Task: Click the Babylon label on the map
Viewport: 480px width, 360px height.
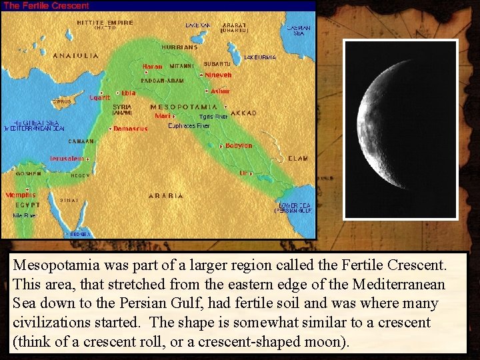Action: [x=239, y=145]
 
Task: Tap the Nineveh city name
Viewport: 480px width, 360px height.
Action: [x=218, y=75]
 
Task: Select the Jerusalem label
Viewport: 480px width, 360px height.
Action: [x=67, y=159]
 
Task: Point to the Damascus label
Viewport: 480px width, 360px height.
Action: [x=131, y=128]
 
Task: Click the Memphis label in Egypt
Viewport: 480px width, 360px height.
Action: [x=21, y=195]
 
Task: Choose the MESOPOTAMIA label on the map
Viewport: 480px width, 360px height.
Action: [x=184, y=107]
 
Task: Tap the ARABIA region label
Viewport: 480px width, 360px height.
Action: [x=165, y=195]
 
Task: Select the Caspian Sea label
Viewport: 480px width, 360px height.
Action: [x=298, y=30]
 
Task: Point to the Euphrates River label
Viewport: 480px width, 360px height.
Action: [x=189, y=125]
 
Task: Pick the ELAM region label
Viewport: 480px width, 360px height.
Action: [x=298, y=159]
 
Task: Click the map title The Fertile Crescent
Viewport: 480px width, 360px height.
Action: [x=46, y=5]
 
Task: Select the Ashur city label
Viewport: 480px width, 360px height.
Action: [x=220, y=91]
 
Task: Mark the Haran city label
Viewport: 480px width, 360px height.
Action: [x=152, y=67]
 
